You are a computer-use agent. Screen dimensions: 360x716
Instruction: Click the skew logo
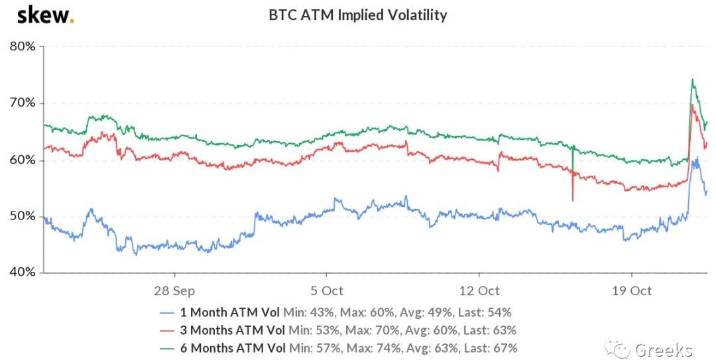point(44,16)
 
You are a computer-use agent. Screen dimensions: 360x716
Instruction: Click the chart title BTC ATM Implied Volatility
point(358,15)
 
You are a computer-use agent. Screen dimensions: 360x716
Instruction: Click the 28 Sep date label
point(174,290)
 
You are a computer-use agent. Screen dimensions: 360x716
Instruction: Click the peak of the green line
point(692,80)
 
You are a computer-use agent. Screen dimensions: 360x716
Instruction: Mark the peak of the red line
point(692,105)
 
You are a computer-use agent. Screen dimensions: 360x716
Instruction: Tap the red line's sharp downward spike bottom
point(572,200)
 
